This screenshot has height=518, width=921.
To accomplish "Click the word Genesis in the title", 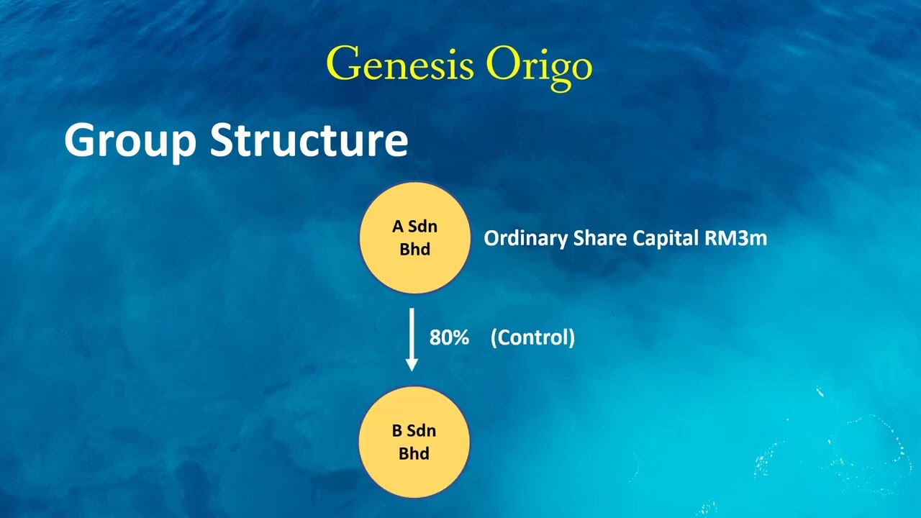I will (399, 64).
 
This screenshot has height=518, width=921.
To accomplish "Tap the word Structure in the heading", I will (309, 140).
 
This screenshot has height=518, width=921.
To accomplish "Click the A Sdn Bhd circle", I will (414, 238).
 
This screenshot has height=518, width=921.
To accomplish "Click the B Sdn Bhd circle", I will (414, 442).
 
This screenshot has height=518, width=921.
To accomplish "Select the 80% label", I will (449, 337).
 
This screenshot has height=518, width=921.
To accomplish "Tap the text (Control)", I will (532, 337).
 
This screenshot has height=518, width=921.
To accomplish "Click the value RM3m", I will (736, 238).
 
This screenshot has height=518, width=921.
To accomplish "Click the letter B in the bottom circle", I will (397, 431).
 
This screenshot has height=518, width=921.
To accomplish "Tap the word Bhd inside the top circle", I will (414, 250).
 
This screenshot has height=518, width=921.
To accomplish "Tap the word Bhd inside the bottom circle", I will (414, 453).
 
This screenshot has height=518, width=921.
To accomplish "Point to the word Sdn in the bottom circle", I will (422, 431).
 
